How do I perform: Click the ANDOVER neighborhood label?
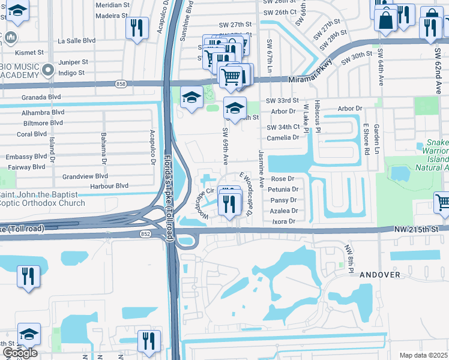click(379, 274)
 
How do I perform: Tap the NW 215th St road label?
click(417, 229)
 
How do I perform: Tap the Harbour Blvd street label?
click(109, 186)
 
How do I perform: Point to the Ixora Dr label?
click(284, 221)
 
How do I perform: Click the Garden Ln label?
click(376, 136)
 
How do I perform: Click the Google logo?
click(20, 353)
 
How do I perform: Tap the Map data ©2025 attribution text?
click(423, 355)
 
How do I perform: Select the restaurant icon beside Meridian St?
click(137, 27)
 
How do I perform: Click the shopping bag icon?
click(385, 20)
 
